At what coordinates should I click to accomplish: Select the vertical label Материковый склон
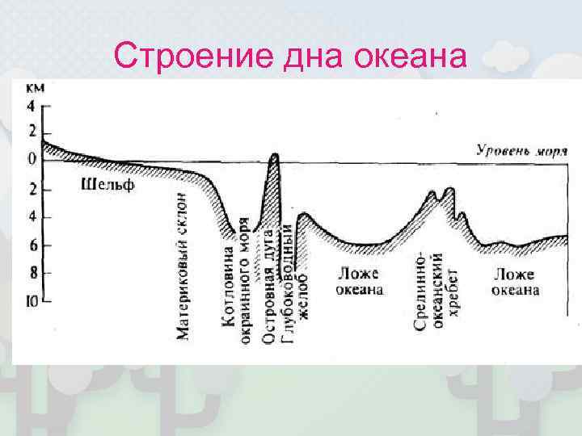pos(183,265)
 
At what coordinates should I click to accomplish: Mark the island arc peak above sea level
pos(275,155)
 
